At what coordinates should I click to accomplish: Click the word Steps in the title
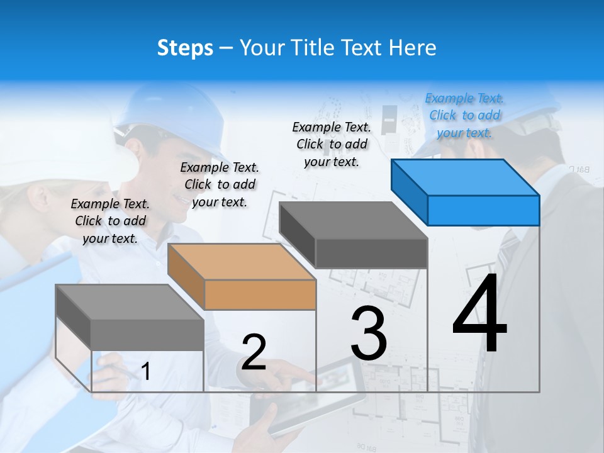point(185,48)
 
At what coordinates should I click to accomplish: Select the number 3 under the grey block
point(369,334)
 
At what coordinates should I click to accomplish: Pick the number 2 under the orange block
point(254,353)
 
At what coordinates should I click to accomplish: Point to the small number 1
point(146,372)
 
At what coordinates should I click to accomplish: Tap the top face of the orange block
point(242,261)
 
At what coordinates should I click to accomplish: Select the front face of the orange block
point(260,294)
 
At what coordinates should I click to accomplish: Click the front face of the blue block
point(483,210)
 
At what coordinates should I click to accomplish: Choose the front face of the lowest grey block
point(147,335)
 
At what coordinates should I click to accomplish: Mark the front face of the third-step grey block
point(371,254)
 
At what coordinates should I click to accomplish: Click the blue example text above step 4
point(464,116)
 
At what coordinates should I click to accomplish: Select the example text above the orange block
point(220,184)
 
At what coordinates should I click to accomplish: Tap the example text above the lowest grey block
point(110,221)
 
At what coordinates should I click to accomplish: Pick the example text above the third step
point(332,144)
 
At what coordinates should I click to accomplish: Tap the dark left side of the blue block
point(409,191)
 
